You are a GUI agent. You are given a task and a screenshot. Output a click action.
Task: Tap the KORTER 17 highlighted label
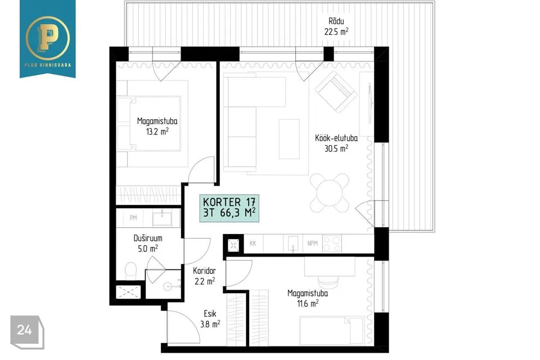coord(229,208)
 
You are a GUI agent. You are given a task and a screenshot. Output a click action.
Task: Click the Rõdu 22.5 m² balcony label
coord(336,26)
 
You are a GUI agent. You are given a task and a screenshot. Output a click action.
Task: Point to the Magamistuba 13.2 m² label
coord(157,126)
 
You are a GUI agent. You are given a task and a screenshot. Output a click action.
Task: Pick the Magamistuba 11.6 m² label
coord(308,298)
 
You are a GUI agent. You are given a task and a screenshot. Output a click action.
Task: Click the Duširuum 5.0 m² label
coord(148,243)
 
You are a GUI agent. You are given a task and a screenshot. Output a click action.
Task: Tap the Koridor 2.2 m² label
coord(205,276)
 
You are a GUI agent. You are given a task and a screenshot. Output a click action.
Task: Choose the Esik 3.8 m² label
coord(210,319)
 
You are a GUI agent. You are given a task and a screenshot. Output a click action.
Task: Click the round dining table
coord(330,192)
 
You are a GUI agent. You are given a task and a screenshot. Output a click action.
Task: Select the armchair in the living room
coord(336,91)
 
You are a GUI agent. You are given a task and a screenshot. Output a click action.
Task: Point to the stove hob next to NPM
coord(332,243)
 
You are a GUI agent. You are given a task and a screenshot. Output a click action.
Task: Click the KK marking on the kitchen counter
coord(253,243)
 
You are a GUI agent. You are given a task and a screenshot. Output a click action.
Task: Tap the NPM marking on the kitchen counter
coord(312,243)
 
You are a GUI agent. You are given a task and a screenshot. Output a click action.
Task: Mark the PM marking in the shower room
coord(133,218)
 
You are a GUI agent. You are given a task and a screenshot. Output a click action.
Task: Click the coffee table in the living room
coord(289,139)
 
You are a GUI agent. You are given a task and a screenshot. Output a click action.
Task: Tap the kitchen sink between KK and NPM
coord(292,243)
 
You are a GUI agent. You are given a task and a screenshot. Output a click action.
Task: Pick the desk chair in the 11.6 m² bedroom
coord(329,282)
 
